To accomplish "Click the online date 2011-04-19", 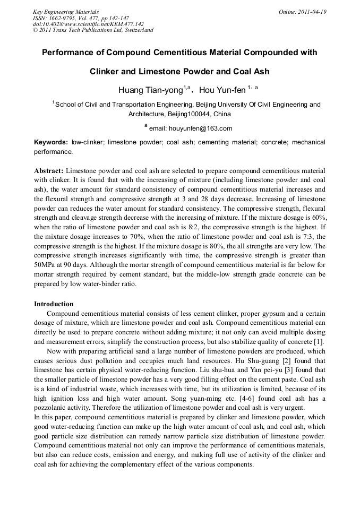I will pos(313,12).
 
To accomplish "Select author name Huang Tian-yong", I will pos(150,89).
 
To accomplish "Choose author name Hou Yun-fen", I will pos(221,89).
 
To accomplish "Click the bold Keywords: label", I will pos(51,142).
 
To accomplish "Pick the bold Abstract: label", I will pos(49,171).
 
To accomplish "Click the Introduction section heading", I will pos(54,304).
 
